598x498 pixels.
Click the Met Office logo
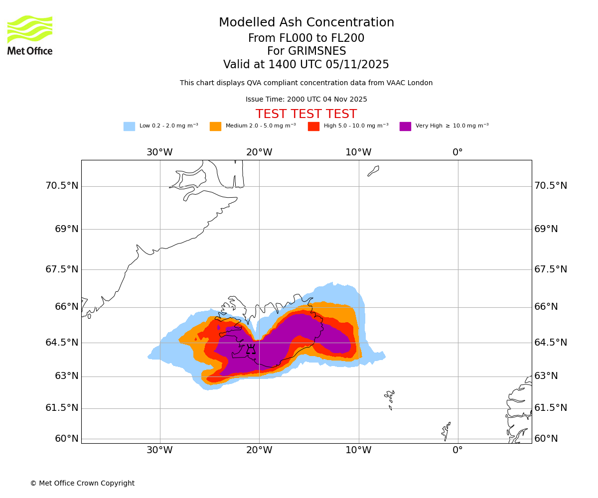pos(30,35)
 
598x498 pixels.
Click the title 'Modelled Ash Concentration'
pos(306,23)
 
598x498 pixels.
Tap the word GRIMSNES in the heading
pos(306,51)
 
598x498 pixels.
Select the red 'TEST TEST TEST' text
pos(306,115)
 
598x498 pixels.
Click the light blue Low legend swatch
pos(129,126)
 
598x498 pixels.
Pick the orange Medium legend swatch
pos(215,126)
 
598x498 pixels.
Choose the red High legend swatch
pos(313,126)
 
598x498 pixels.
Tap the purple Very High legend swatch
pos(405,126)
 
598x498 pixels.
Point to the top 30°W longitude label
pos(159,152)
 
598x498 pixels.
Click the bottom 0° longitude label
pos(457,450)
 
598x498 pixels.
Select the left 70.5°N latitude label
pos(62,186)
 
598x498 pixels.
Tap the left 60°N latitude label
pos(67,439)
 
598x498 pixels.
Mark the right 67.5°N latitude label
pos(551,269)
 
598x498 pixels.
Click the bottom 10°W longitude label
pos(358,450)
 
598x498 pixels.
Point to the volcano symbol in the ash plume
pos(251,350)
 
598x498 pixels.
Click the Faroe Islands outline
pos(390,398)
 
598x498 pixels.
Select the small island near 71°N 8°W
pos(373,171)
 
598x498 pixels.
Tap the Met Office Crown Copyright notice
pos(82,484)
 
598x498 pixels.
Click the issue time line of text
pos(306,100)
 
